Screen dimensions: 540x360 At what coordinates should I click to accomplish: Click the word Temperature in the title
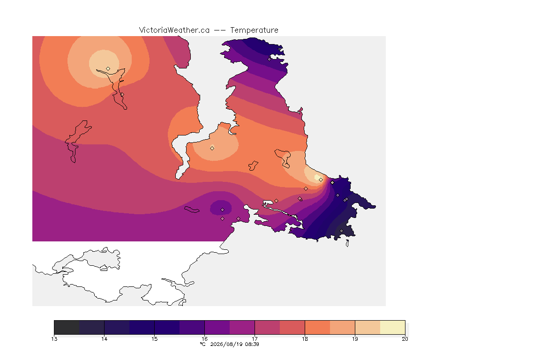click(254, 30)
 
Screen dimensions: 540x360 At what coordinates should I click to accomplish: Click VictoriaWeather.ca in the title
click(174, 30)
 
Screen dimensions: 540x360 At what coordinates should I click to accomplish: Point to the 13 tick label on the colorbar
click(54, 339)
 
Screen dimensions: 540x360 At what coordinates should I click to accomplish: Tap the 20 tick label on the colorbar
click(405, 339)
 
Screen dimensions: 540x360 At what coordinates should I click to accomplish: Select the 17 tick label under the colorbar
click(255, 339)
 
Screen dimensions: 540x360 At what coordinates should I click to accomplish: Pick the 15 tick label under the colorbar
click(154, 339)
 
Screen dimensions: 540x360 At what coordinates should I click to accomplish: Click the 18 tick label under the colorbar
click(305, 339)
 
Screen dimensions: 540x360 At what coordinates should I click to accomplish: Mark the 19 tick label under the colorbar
click(355, 339)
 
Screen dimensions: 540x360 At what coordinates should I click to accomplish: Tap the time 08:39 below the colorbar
click(252, 344)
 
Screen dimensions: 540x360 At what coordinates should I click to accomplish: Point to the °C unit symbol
click(203, 344)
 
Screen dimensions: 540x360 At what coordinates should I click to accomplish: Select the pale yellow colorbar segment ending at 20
click(393, 327)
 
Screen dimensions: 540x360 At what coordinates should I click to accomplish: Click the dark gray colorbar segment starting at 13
click(67, 327)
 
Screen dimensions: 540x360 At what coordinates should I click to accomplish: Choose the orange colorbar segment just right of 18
click(317, 327)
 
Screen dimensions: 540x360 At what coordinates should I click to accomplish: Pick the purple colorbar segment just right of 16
click(217, 327)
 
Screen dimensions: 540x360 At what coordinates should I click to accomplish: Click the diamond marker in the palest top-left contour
click(108, 68)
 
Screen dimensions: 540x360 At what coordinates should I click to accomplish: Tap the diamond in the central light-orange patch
click(212, 148)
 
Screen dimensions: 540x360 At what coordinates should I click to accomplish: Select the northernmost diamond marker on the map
click(270, 59)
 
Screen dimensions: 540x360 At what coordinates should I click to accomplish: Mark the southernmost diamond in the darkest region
click(342, 231)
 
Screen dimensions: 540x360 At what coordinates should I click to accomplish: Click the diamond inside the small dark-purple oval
click(223, 210)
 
